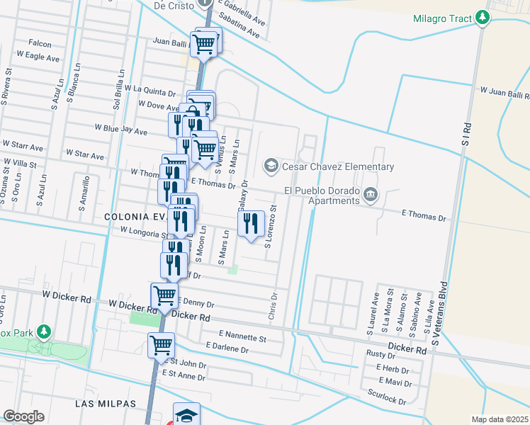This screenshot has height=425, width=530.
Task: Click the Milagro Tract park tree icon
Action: (x=483, y=16)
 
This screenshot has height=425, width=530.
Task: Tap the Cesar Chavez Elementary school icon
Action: (x=270, y=166)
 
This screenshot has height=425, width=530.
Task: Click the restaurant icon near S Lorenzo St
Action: (x=251, y=224)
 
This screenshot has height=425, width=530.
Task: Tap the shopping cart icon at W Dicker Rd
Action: (x=165, y=295)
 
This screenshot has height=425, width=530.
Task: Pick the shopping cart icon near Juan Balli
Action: (x=205, y=43)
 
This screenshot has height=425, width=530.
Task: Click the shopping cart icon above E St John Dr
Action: (x=161, y=346)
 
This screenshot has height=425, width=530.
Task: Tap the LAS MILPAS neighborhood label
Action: (x=106, y=403)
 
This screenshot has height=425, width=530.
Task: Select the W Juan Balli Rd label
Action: (x=504, y=93)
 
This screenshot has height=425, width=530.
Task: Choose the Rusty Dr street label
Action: (x=380, y=353)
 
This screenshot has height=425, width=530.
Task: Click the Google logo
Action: (x=23, y=416)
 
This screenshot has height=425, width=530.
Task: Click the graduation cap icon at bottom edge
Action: (x=186, y=415)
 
